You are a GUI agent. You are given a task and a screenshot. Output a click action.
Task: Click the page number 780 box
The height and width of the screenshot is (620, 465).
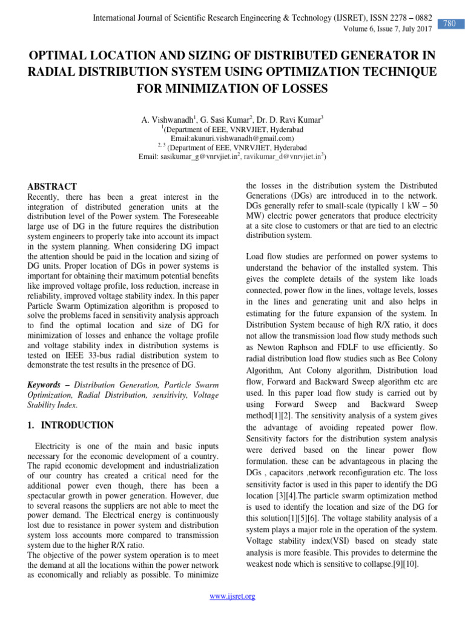pos(449,24)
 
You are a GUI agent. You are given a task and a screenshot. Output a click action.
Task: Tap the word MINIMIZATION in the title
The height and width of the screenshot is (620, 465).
pos(199,89)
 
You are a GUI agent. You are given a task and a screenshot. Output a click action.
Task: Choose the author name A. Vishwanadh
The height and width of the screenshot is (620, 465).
pos(167,120)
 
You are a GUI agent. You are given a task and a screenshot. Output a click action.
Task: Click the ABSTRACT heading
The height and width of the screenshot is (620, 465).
pos(53,186)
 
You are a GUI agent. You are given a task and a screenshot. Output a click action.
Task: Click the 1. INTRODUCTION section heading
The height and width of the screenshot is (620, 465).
pos(70,425)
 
